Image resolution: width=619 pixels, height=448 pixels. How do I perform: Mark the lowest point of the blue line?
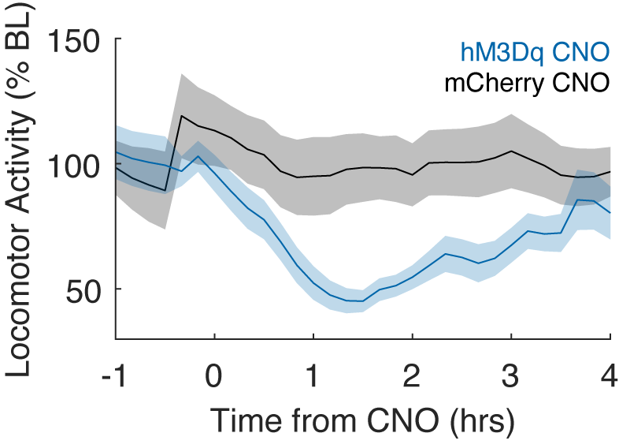click(361, 301)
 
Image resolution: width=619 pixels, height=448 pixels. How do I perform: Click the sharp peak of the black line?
click(182, 116)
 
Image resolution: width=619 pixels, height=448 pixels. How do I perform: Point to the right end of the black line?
click(611, 172)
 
